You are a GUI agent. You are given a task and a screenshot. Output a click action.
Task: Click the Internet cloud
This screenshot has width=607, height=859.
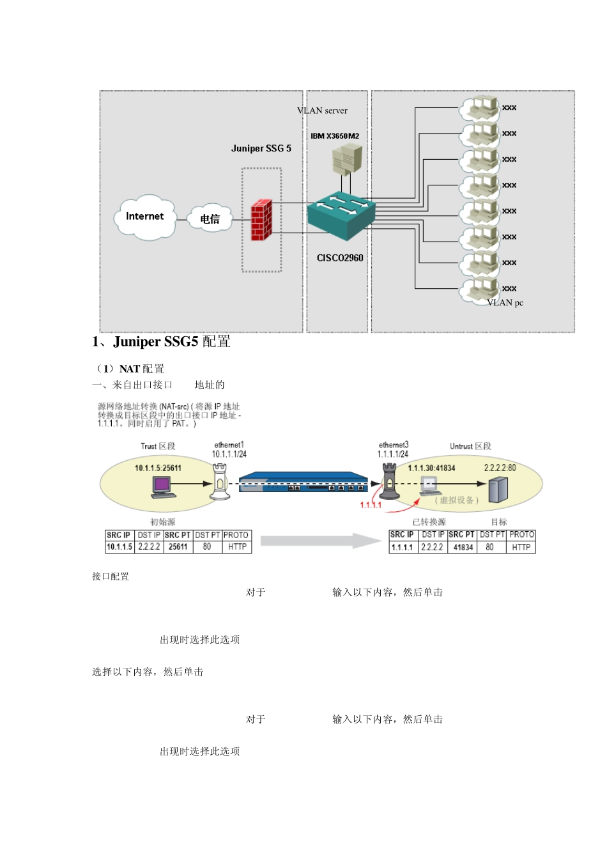pos(146,217)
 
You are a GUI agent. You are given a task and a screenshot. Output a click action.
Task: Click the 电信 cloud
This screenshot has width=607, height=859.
pos(210,219)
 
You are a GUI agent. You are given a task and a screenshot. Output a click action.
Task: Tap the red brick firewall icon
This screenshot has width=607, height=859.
pos(261,220)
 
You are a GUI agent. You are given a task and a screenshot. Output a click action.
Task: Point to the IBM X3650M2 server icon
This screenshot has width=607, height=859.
pos(347,159)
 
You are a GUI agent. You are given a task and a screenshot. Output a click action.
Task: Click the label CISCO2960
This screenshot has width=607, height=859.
pos(340,258)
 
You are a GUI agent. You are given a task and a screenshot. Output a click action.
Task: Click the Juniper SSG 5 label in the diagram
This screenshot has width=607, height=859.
pos(261,148)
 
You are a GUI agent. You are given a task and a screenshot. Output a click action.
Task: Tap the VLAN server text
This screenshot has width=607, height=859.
pos(322,111)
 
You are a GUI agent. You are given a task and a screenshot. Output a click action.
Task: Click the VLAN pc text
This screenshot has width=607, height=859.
pos(505,303)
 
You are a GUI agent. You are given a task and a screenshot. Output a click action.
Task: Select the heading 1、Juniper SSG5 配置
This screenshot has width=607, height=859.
pos(161,342)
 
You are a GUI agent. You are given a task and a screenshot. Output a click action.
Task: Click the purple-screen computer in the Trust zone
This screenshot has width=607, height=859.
pos(163,486)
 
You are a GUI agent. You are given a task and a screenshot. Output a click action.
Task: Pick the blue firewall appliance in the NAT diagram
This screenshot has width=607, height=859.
pos(303,483)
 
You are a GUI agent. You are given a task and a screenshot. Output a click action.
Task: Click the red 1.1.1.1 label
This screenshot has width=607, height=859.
pos(371,505)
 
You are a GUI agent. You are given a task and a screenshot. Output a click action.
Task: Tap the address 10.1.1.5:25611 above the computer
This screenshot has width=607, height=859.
pos(158,468)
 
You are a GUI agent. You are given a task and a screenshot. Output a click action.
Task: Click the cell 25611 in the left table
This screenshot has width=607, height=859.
pos(178,547)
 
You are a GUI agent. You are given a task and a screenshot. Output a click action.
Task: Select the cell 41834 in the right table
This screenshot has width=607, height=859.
pos(463,547)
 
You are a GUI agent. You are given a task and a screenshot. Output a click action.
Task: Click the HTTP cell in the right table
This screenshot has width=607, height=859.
pos(521,547)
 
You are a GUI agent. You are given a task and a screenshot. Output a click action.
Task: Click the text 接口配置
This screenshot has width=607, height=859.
pos(111,577)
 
